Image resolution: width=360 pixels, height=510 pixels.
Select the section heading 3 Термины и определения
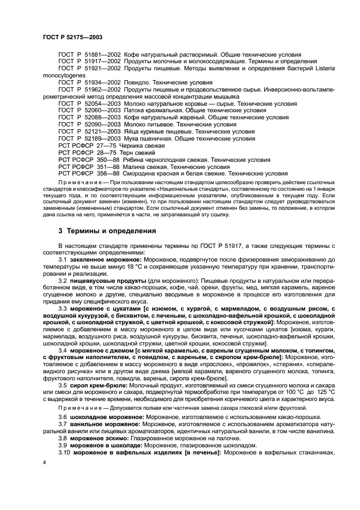(107, 231)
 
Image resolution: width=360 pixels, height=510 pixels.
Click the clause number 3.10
(65, 452)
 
